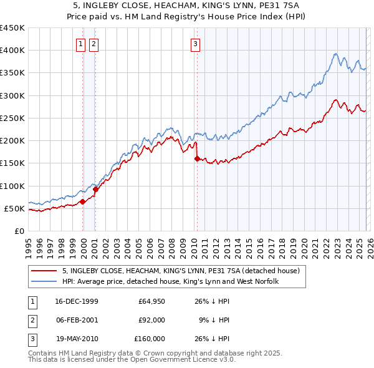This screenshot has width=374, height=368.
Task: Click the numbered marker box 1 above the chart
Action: coord(82,44)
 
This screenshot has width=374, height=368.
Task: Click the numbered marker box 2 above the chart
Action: coord(93,44)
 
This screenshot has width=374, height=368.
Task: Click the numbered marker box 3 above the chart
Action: coord(195,44)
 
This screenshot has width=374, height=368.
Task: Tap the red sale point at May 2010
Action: coord(198,158)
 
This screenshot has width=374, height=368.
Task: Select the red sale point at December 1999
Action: coord(83,201)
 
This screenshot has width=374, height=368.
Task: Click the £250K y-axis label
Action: coord(12,118)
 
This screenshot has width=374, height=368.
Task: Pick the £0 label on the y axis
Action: coord(20,231)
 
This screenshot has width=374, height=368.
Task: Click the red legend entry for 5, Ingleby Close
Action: coord(181,271)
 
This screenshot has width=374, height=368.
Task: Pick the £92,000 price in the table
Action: coord(151,321)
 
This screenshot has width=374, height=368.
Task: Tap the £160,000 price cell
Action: coord(150,339)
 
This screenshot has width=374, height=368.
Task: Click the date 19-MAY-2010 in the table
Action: coord(77,339)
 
